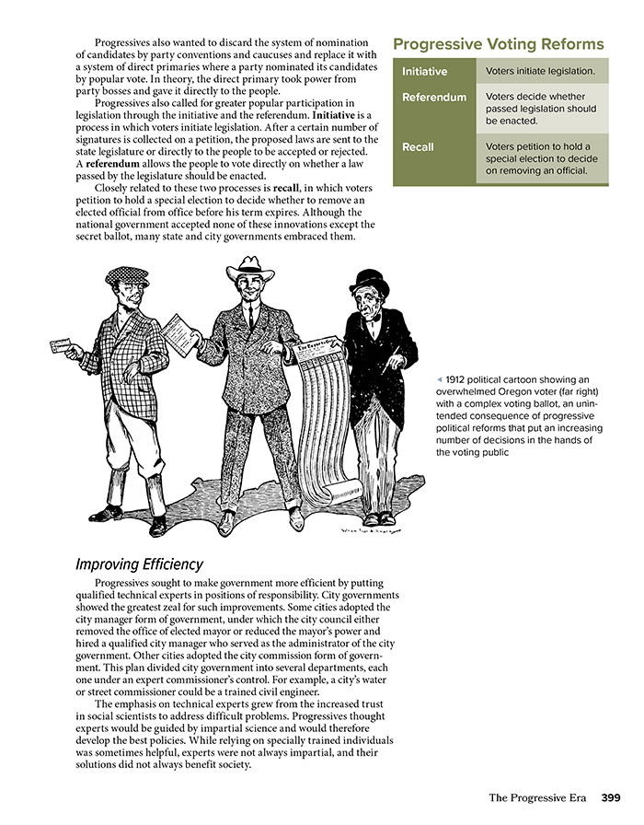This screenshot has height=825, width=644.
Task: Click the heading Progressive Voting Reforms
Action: (x=498, y=44)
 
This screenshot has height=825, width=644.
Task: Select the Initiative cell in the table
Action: (x=424, y=71)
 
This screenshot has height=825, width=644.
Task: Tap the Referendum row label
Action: (x=433, y=97)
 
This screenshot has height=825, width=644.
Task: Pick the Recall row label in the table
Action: (x=420, y=147)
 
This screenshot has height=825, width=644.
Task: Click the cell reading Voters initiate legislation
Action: (x=540, y=71)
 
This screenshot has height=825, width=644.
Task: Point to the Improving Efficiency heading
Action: (x=139, y=564)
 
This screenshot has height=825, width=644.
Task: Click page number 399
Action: (x=611, y=796)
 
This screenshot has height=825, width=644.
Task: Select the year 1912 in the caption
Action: (x=459, y=379)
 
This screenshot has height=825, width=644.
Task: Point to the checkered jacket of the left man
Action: (x=124, y=350)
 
